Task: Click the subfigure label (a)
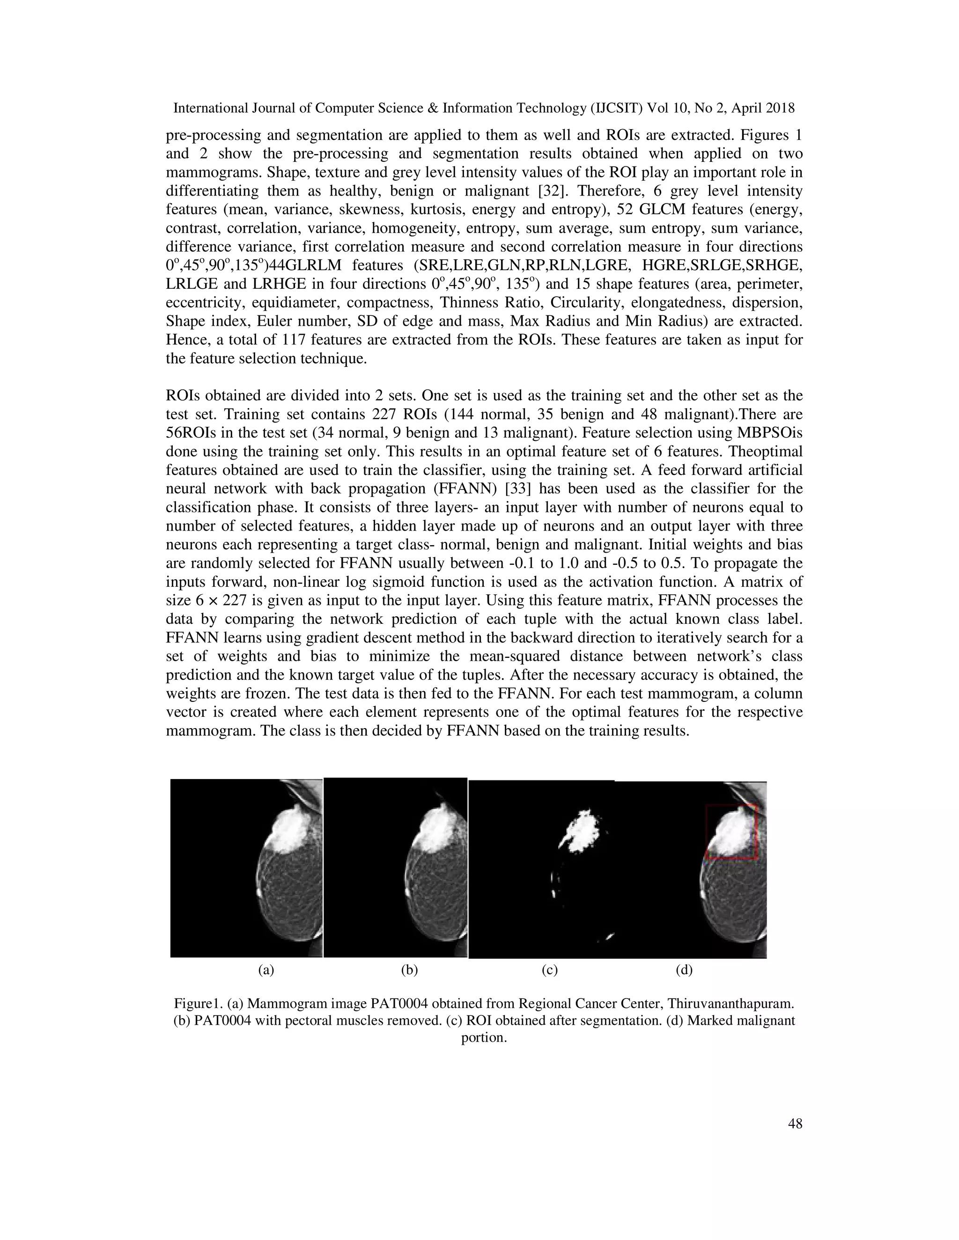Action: tap(266, 970)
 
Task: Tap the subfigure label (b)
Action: tap(409, 970)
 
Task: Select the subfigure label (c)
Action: tap(549, 970)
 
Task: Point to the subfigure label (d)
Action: tap(684, 970)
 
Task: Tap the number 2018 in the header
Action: tap(779, 108)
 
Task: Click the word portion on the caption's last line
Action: tap(483, 1037)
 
